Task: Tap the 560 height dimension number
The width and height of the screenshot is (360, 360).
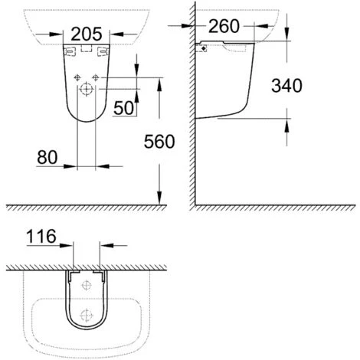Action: click(x=158, y=141)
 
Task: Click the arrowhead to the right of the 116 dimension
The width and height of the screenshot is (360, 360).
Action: click(x=105, y=246)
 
